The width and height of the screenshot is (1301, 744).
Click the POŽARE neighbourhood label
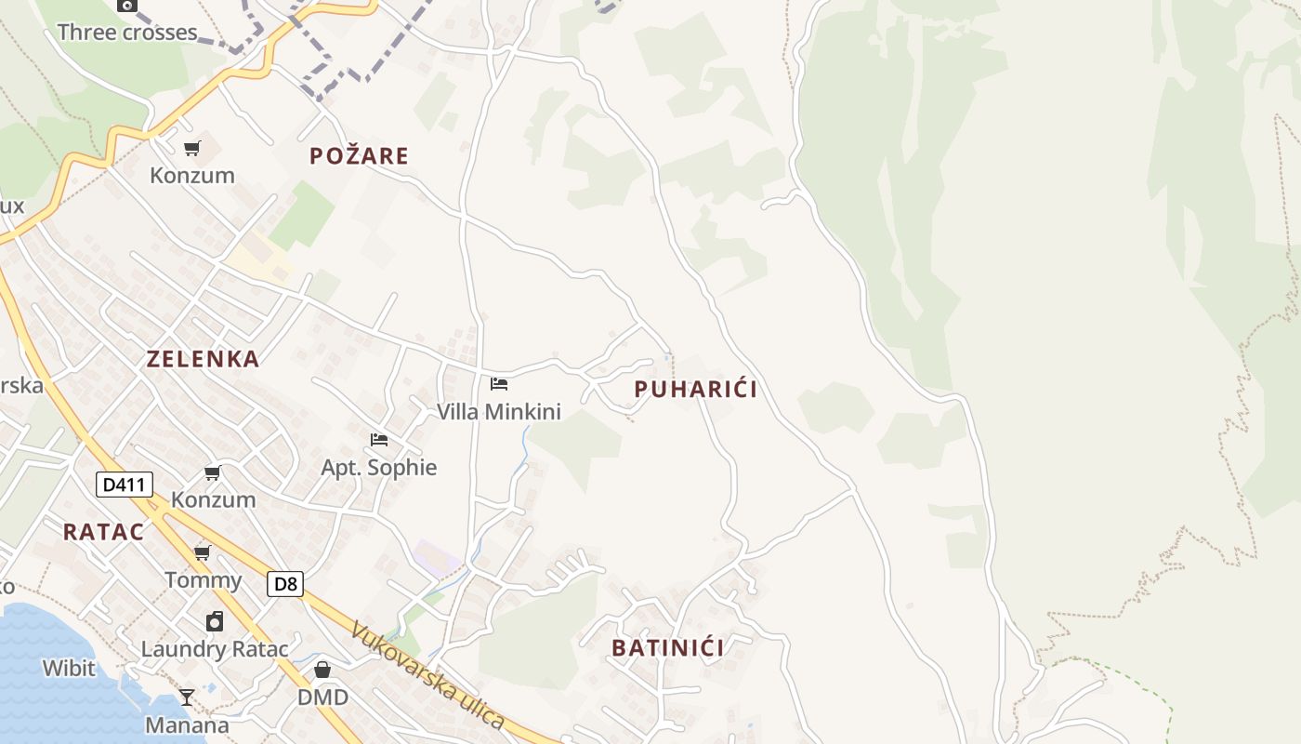[359, 155]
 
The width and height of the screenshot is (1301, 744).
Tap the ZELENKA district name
[203, 359]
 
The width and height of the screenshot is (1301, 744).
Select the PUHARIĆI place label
[695, 390]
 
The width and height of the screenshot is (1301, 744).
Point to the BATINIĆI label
[667, 647]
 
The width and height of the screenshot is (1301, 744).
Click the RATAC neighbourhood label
[103, 532]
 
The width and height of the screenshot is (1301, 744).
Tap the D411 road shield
[124, 485]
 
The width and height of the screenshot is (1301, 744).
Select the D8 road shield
[285, 584]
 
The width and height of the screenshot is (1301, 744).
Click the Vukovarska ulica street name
[427, 674]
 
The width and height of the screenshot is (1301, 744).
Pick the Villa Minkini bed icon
[499, 383]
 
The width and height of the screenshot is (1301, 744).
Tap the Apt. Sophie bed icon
[379, 440]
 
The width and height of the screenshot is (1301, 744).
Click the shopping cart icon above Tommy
[202, 553]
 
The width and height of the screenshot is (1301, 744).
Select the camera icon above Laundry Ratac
[215, 621]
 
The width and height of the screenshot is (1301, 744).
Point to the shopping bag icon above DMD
[322, 670]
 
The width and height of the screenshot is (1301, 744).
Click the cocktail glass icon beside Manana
[187, 697]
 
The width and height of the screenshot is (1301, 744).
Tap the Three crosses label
[127, 33]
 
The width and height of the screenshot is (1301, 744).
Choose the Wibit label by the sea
[68, 668]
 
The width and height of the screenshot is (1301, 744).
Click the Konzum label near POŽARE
[192, 175]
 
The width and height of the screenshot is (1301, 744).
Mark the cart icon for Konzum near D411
[213, 473]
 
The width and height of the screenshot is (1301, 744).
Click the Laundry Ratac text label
[215, 648]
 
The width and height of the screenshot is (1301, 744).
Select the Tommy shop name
[203, 580]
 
